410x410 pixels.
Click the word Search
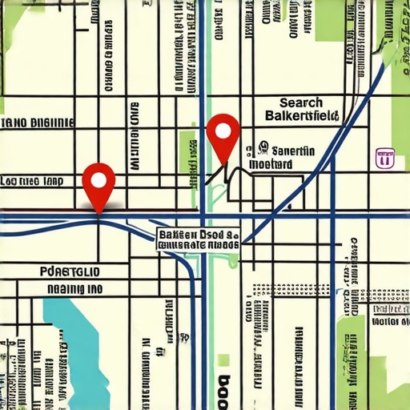(301, 102)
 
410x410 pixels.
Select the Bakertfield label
(301, 117)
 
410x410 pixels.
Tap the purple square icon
(385, 158)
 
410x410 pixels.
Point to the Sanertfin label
(294, 150)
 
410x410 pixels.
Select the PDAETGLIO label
(70, 271)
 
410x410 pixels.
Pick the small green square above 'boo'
(224, 360)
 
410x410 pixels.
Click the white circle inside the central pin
(223, 130)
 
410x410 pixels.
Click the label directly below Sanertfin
(271, 163)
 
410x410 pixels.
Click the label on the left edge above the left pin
(36, 123)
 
